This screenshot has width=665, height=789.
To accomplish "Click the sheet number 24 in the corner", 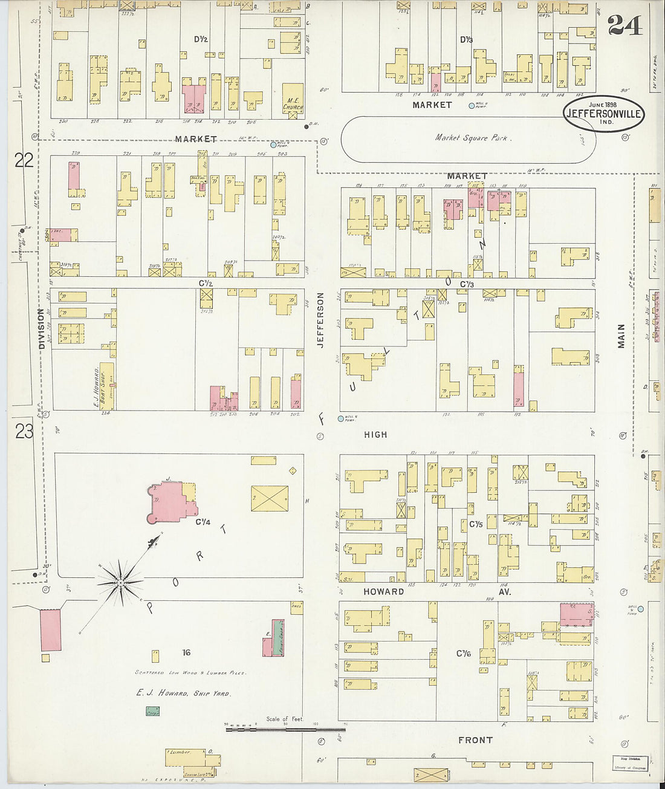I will pyautogui.click(x=625, y=25).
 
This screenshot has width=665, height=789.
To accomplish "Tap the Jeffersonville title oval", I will pyautogui.click(x=604, y=113).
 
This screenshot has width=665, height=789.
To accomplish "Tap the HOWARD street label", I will pyautogui.click(x=383, y=591).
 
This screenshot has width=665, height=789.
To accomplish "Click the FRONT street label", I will pyautogui.click(x=475, y=739).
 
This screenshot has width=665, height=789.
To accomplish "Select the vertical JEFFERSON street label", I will pyautogui.click(x=320, y=320).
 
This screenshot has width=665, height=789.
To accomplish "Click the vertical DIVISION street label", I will pyautogui.click(x=42, y=329).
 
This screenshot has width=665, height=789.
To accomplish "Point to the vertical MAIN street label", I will pyautogui.click(x=621, y=336).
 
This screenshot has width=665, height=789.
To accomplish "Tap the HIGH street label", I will pyautogui.click(x=375, y=434).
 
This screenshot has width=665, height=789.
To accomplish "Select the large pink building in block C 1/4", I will pyautogui.click(x=169, y=502).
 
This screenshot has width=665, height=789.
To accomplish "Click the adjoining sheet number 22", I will pyautogui.click(x=24, y=160).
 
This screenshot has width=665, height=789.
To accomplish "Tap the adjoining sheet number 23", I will pyautogui.click(x=24, y=431).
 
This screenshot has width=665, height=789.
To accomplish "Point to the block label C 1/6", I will pyautogui.click(x=464, y=653).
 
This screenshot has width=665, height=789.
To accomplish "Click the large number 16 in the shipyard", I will pyautogui.click(x=186, y=652).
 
